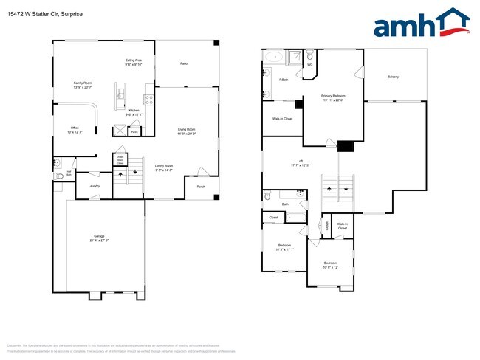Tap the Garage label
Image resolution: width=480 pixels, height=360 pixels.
[100, 237]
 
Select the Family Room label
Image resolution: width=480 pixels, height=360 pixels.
[83, 83]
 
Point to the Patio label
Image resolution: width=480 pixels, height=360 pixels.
[184, 64]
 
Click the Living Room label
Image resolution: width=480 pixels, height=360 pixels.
[186, 131]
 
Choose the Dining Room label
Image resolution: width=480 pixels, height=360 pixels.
[163, 166]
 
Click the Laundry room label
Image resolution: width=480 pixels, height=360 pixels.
[94, 186]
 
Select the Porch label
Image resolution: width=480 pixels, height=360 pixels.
[201, 186]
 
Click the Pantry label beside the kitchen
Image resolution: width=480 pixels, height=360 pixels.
[134, 132]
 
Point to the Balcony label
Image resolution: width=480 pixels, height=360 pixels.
[394, 77]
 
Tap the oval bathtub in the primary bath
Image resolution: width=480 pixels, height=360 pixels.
[273, 56]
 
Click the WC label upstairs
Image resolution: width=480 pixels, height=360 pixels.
[310, 64]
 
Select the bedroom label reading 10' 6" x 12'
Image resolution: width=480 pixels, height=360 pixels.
[330, 264]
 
